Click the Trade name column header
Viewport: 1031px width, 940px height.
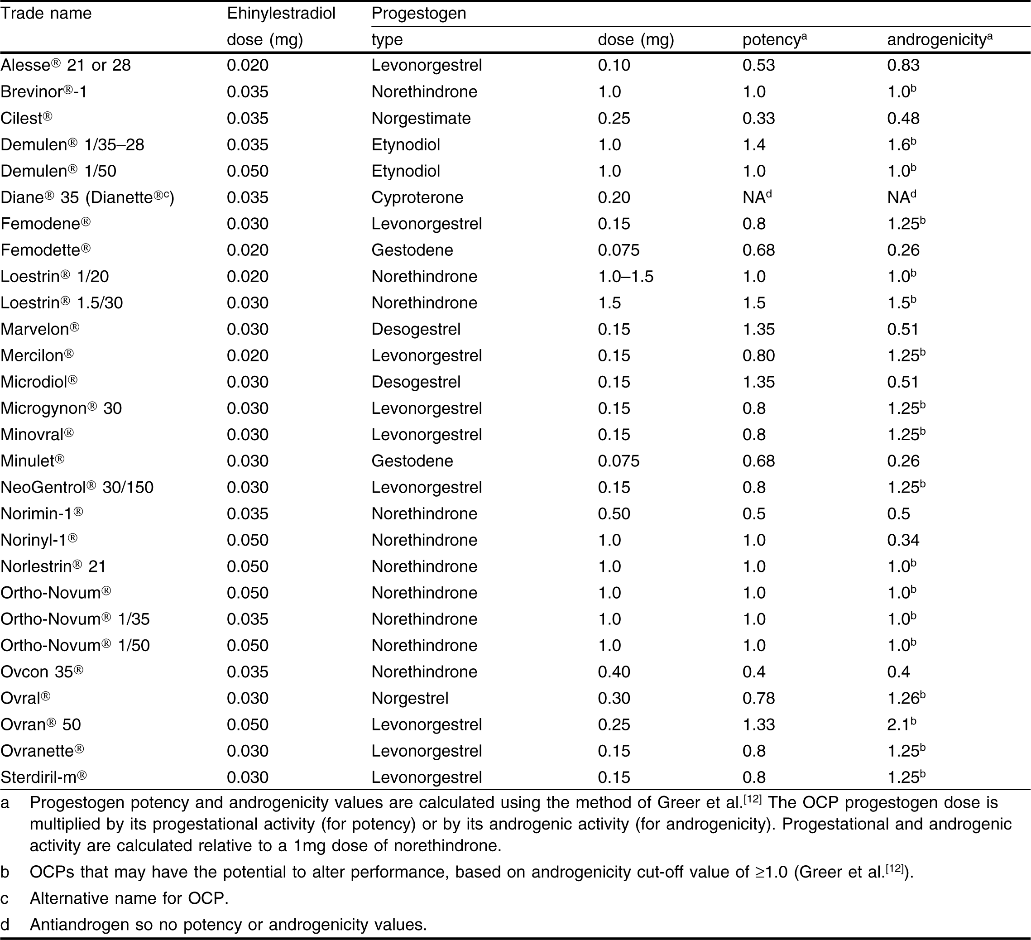[x=46, y=13]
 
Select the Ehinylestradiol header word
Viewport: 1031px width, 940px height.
[x=281, y=13]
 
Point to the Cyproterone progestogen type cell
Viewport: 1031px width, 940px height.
[x=417, y=197]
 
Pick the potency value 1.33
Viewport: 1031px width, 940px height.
[x=758, y=724]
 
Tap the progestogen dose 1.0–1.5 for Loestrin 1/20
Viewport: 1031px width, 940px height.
[x=625, y=277]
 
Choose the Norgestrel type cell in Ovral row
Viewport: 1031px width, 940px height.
[x=410, y=698]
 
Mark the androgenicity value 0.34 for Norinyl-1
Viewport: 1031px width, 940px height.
[x=903, y=540]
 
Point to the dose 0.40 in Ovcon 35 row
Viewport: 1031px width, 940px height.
[x=614, y=672]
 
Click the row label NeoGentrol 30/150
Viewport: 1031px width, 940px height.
[x=77, y=487]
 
